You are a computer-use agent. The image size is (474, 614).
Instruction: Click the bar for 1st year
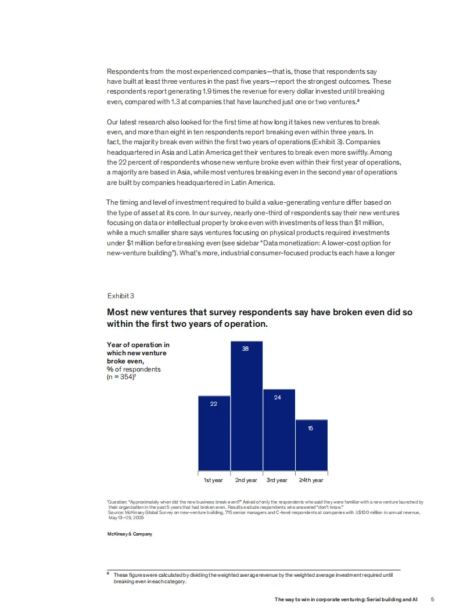tap(214, 433)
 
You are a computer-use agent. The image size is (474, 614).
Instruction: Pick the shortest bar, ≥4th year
tap(311, 444)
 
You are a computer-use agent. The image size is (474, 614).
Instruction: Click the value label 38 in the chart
tap(245, 348)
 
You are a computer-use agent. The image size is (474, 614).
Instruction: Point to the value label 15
tap(310, 428)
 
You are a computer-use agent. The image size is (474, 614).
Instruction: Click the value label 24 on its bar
tap(278, 397)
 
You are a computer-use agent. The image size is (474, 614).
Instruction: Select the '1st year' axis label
tap(213, 480)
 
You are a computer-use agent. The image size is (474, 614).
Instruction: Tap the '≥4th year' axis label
tap(311, 480)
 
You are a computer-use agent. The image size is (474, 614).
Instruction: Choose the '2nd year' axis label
tap(246, 480)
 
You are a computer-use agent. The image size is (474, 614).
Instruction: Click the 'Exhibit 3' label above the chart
tap(121, 296)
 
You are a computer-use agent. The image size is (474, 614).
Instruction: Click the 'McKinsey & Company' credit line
tap(130, 534)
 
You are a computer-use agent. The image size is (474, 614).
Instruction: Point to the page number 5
tap(432, 598)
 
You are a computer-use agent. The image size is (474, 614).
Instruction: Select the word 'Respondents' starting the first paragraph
tap(125, 71)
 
